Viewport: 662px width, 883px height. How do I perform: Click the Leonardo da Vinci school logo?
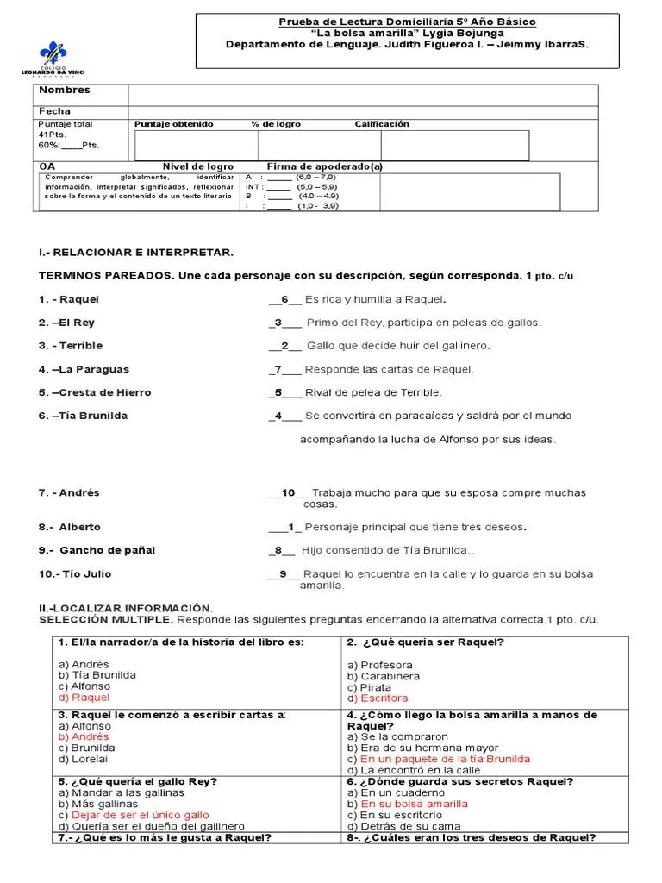click(x=52, y=57)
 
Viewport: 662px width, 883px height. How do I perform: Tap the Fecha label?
click(x=55, y=111)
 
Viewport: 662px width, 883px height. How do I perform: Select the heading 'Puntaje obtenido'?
click(x=173, y=124)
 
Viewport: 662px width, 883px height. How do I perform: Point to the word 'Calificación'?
click(x=382, y=124)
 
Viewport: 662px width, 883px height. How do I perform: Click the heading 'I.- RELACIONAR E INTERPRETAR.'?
click(x=136, y=252)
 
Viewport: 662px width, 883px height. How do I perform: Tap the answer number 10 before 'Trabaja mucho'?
click(x=289, y=493)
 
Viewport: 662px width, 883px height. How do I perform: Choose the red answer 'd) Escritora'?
click(x=378, y=698)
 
